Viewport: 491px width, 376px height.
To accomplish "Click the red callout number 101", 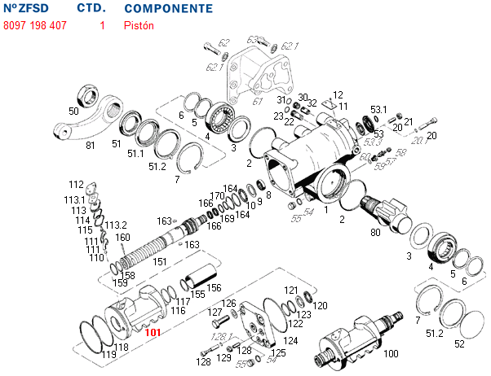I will tap(153, 332).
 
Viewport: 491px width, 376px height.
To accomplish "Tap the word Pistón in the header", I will tap(139, 25).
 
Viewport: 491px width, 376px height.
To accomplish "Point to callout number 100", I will tap(391, 354).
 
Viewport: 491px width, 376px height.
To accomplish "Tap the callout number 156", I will tap(213, 287).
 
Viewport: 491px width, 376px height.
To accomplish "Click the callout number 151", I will tap(160, 262).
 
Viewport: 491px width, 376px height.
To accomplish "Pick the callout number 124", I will tap(290, 340).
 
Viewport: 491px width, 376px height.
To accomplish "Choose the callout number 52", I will tap(459, 344).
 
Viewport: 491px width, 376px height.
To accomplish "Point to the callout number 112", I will tap(76, 185).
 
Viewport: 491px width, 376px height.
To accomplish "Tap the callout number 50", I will tap(73, 111).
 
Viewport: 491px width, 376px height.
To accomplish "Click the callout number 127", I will tap(215, 312).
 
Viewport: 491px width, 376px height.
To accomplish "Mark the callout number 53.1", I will tap(378, 109).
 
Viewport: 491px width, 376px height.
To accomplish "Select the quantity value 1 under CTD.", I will tap(103, 25).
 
